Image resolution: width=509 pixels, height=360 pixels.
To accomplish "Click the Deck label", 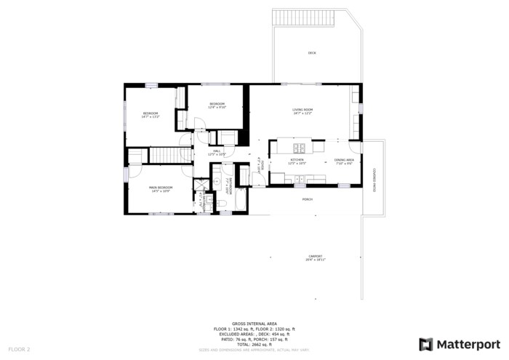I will tap(312, 53).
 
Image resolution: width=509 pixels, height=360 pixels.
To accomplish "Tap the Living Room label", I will tap(302, 110).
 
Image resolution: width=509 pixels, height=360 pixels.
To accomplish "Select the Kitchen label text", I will tap(297, 160).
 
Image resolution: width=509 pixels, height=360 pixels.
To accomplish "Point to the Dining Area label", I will tap(344, 160).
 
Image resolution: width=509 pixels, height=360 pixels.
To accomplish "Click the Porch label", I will tap(308, 198).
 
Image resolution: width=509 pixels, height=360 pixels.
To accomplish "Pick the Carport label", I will tap(315, 256).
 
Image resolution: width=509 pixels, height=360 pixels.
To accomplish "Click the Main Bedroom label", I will tap(161, 188).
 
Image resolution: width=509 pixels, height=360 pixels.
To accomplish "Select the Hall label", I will tap(217, 151).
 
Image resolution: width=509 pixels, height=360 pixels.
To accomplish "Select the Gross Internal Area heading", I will tap(254, 323).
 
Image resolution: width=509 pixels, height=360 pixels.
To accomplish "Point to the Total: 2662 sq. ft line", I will tap(254, 344).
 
